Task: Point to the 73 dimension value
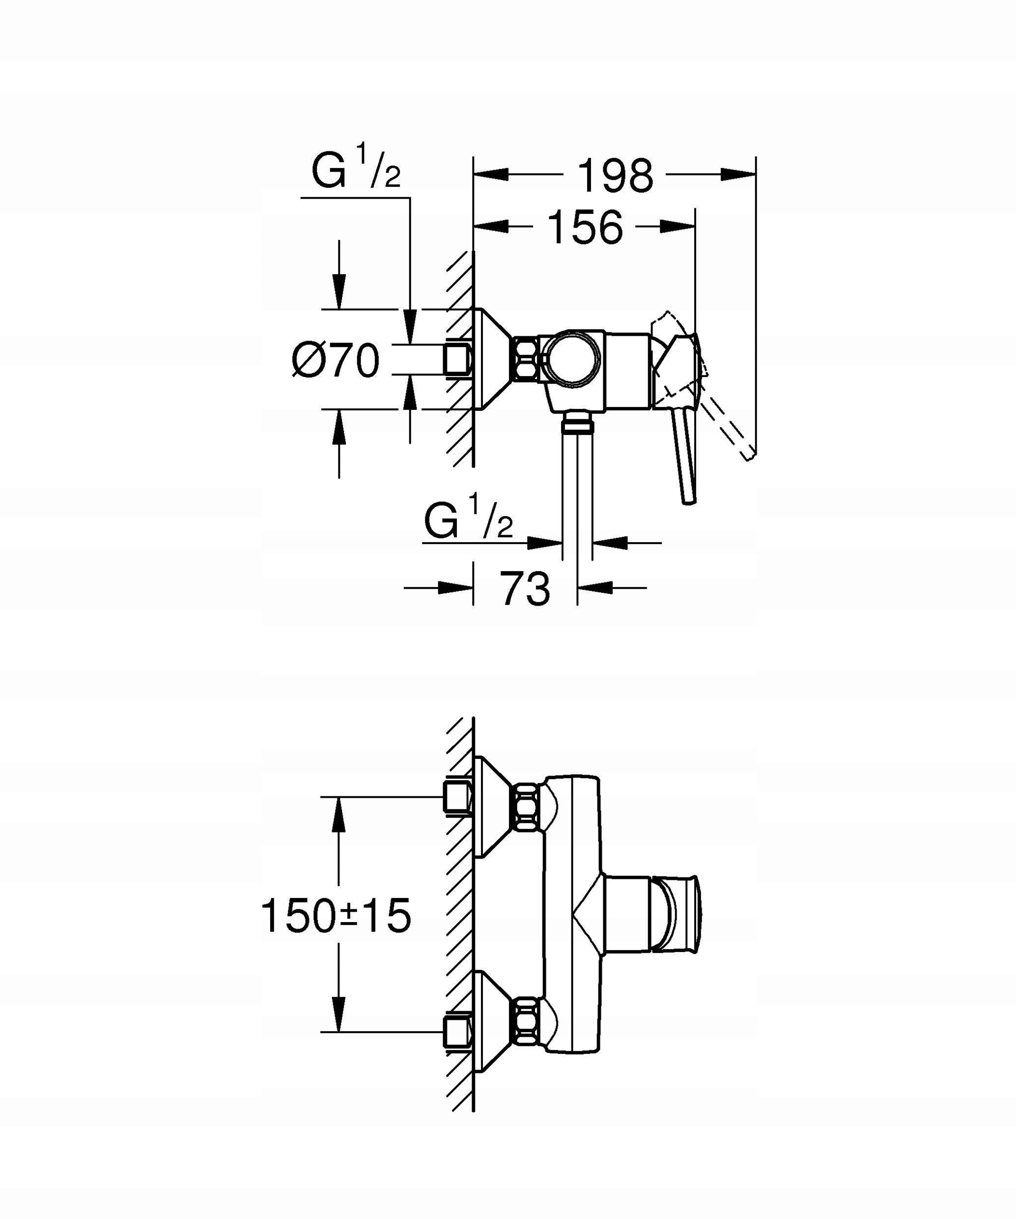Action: (525, 588)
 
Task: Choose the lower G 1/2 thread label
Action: (468, 520)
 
